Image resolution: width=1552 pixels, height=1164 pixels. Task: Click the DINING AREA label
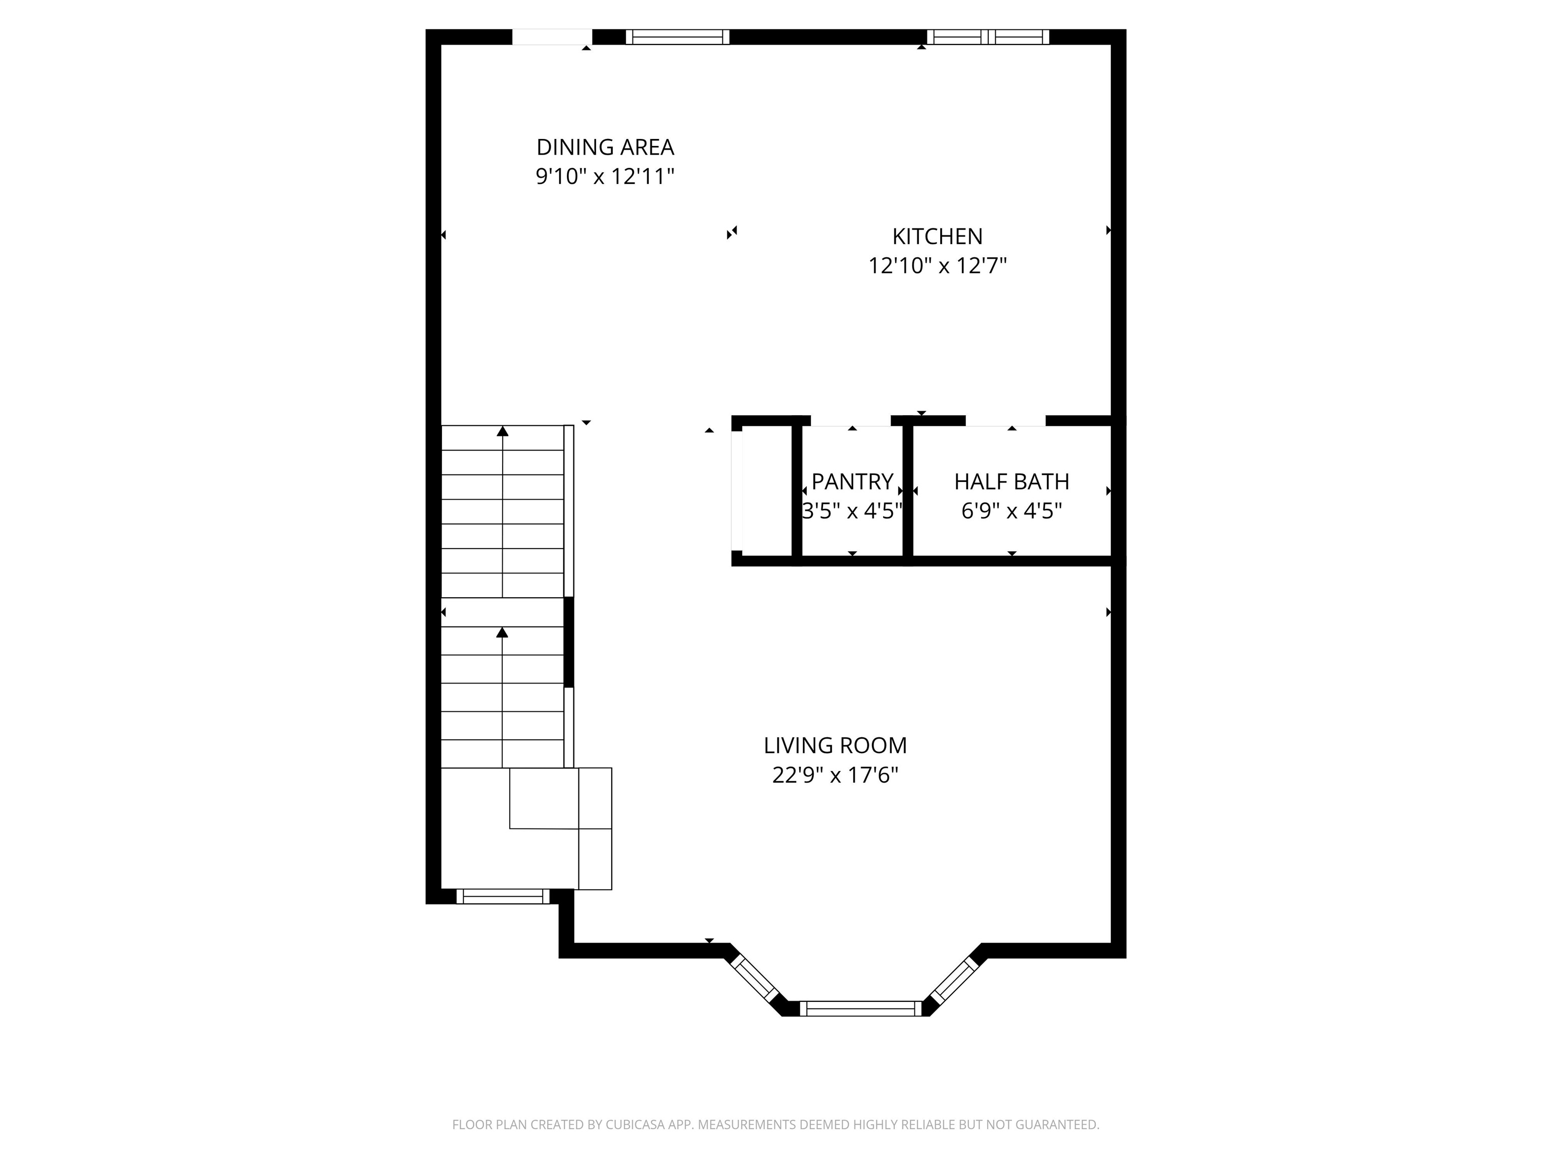[x=605, y=148]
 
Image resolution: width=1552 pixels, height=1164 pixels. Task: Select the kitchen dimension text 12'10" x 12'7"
[x=937, y=266]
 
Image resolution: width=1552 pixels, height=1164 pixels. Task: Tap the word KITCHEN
[x=937, y=236]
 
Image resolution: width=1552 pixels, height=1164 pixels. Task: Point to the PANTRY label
[x=852, y=481]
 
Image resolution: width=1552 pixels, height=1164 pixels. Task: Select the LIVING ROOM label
[x=835, y=745]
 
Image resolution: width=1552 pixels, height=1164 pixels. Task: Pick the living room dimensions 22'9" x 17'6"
[x=835, y=775]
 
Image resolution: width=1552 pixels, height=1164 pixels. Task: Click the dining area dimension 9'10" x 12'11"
[x=605, y=176]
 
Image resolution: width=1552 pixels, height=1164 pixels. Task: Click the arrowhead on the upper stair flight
[x=502, y=431]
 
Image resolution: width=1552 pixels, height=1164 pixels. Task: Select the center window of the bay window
[x=860, y=1009]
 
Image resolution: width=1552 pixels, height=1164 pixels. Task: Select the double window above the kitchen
[x=988, y=37]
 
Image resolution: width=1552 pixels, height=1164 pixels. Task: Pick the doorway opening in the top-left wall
[x=552, y=37]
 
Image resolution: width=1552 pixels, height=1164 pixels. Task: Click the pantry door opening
[x=850, y=421]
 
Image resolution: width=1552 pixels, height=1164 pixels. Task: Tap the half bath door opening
[x=1005, y=421]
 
